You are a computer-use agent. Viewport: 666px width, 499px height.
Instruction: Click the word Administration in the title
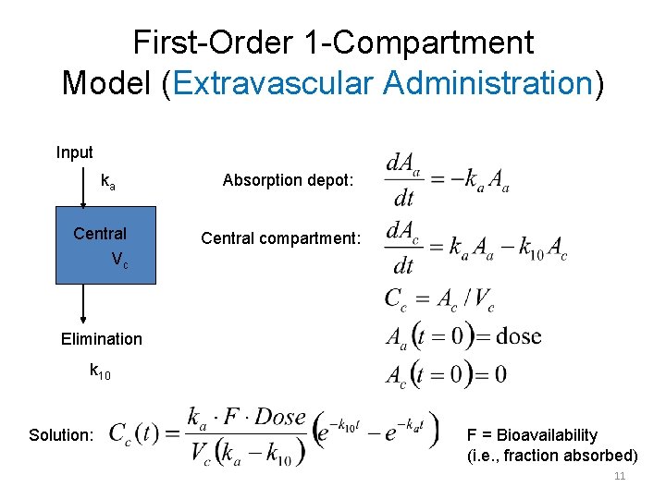click(x=487, y=83)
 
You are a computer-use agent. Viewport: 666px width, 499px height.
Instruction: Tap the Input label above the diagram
click(x=74, y=152)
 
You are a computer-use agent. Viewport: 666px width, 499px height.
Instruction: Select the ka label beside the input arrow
click(x=108, y=181)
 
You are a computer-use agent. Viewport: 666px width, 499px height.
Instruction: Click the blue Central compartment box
click(x=101, y=246)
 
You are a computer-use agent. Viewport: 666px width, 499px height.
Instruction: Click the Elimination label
click(x=102, y=339)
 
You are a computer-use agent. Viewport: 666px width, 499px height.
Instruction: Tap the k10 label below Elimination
click(x=99, y=371)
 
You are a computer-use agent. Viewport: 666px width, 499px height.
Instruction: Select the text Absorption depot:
click(x=288, y=181)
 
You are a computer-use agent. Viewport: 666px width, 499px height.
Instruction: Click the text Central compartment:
click(x=280, y=239)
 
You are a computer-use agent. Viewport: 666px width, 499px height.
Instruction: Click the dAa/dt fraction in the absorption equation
click(x=402, y=181)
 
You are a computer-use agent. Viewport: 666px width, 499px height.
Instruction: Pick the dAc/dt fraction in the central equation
click(x=403, y=247)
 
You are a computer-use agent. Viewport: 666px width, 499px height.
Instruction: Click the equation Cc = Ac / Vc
click(x=439, y=299)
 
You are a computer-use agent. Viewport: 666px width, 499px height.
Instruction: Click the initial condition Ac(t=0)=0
click(x=446, y=373)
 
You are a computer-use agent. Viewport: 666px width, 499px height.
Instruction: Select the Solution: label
click(x=61, y=435)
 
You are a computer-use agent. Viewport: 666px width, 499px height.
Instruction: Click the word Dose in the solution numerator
click(x=279, y=417)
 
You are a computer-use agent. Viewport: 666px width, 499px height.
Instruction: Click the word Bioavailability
click(x=547, y=435)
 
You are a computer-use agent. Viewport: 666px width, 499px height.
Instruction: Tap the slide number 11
click(x=620, y=477)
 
